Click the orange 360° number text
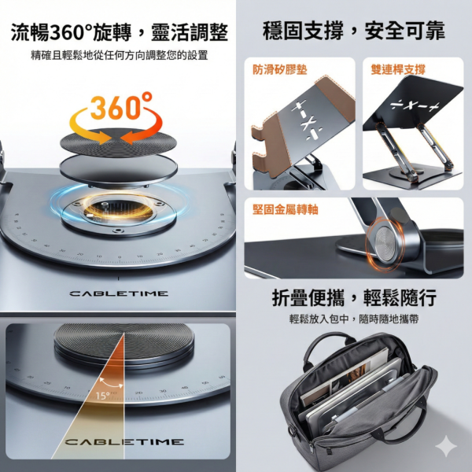pos(120,106)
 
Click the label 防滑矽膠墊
pos(274,69)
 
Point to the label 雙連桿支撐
pos(398,69)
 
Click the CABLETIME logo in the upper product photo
pos(119,293)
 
